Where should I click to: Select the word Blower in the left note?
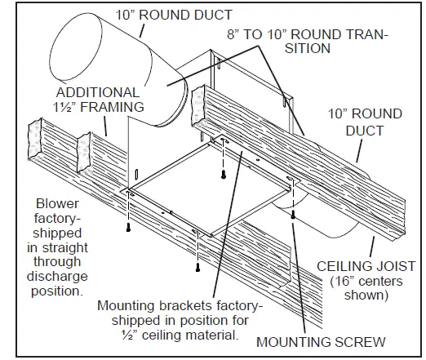tap(58, 203)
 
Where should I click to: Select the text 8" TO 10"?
tap(257, 35)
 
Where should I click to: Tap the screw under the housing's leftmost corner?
tap(128, 227)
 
